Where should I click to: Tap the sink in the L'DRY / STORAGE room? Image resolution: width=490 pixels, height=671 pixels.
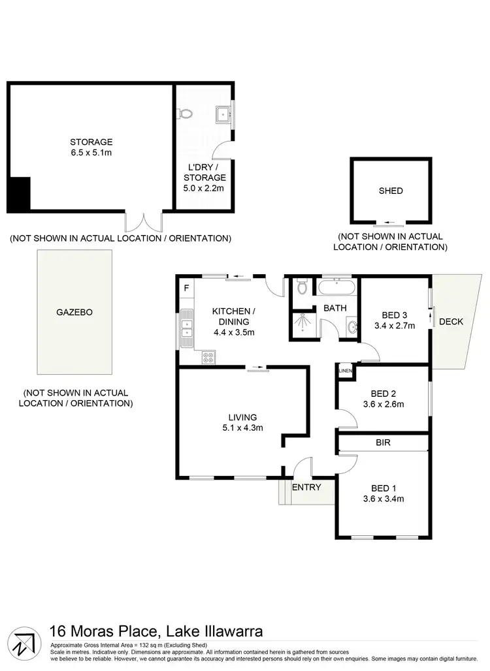pyautogui.click(x=224, y=114)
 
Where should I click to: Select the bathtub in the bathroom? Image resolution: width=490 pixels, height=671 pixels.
pyautogui.click(x=336, y=287)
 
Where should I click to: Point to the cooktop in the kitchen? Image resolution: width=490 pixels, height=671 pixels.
pyautogui.click(x=209, y=356)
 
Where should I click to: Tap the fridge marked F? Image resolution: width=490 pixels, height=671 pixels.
pyautogui.click(x=186, y=288)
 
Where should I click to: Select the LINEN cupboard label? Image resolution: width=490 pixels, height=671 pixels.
pyautogui.click(x=345, y=372)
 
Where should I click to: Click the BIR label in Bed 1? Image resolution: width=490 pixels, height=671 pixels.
pyautogui.click(x=383, y=443)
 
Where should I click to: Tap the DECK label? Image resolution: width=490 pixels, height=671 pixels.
pyautogui.click(x=451, y=322)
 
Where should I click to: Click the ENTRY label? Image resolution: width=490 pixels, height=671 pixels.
pyautogui.click(x=306, y=487)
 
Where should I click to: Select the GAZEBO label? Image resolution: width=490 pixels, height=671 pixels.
pyautogui.click(x=74, y=312)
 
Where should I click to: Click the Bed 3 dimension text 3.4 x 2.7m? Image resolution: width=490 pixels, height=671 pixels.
pyautogui.click(x=395, y=326)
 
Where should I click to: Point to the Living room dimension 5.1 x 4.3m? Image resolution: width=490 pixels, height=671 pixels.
pyautogui.click(x=242, y=428)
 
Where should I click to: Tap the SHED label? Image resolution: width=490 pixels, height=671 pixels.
pyautogui.click(x=391, y=191)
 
